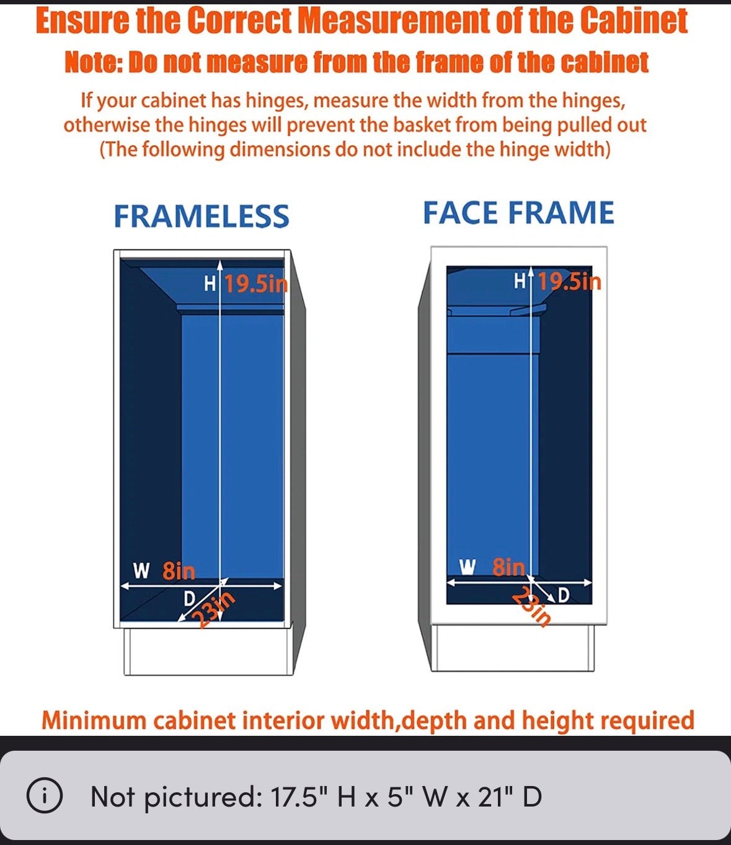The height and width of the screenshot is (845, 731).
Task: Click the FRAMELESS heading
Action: tap(202, 216)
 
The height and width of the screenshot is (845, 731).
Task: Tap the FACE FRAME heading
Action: tap(518, 213)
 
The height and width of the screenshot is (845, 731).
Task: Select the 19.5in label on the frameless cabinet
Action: tap(256, 284)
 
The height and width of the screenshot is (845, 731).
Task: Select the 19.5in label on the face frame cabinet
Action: tap(569, 282)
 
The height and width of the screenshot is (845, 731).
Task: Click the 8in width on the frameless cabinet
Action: tap(179, 571)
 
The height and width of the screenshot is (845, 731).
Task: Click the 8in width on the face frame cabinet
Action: tap(508, 567)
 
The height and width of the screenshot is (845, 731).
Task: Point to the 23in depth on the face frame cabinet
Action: tap(531, 607)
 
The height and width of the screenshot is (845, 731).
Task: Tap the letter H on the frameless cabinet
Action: tap(210, 284)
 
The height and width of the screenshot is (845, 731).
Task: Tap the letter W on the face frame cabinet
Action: tap(467, 566)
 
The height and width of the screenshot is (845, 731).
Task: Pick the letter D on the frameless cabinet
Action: tap(188, 599)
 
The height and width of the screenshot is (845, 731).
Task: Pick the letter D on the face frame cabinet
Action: tap(564, 596)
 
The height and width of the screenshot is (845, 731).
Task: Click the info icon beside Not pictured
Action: tap(45, 795)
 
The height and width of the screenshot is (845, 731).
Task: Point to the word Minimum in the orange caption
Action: tap(94, 720)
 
